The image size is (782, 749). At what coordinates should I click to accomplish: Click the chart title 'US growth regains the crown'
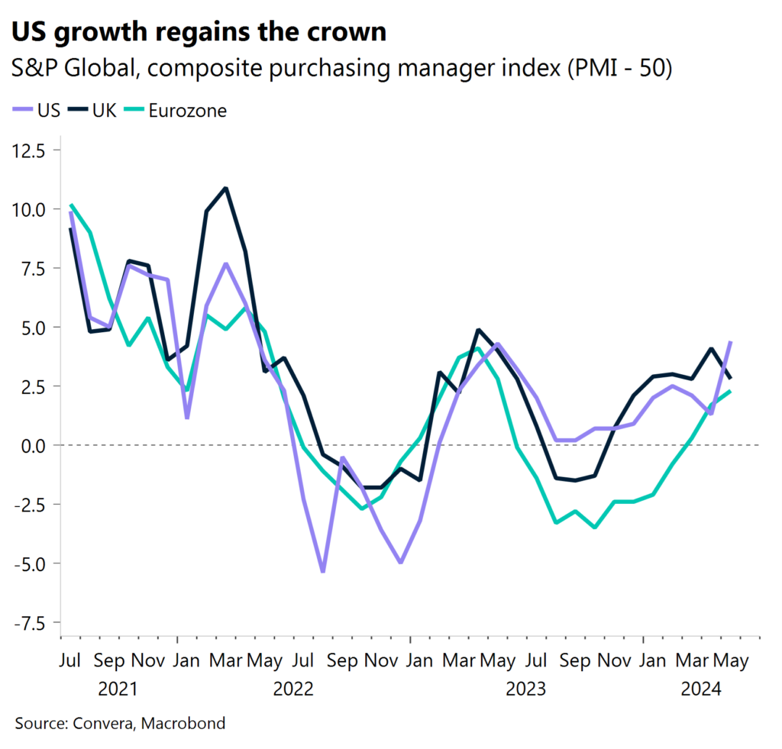198,33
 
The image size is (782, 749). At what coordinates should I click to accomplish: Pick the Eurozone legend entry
176,111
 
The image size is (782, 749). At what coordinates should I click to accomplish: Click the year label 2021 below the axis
118,689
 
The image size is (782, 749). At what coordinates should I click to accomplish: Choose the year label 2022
293,689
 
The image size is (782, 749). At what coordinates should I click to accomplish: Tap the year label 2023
526,689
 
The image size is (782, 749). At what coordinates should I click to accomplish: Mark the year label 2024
701,689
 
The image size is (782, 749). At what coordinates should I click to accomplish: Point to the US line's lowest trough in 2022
323,571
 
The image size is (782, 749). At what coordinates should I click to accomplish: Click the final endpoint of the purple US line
732,342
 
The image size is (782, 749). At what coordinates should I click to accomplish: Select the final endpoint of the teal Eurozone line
732,392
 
